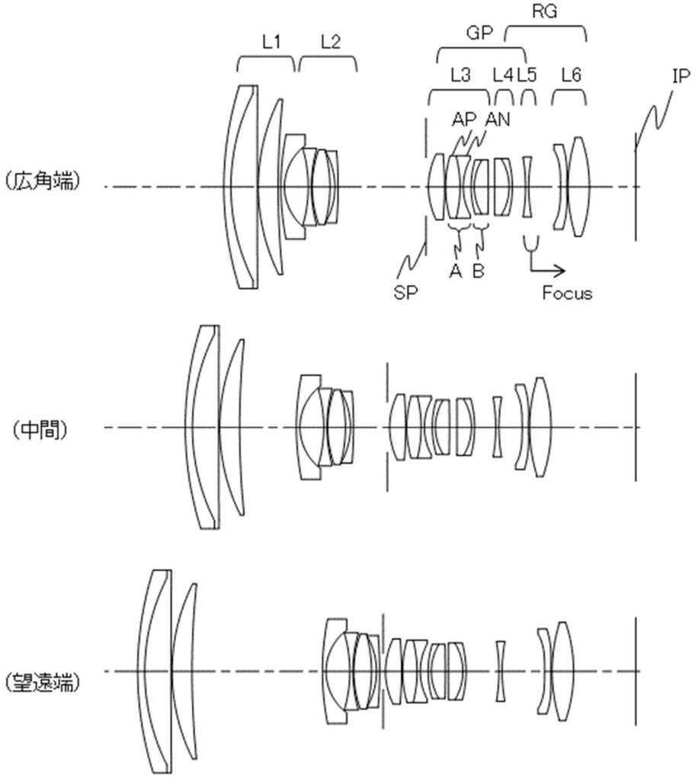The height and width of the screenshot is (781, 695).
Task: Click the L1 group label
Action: click(271, 43)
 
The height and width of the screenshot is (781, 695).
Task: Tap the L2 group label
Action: click(330, 43)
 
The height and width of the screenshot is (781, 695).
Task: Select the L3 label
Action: click(460, 76)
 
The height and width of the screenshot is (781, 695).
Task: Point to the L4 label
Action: click(502, 76)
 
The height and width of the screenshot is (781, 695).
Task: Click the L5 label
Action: click(527, 76)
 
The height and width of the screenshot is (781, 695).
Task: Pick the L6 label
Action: click(571, 76)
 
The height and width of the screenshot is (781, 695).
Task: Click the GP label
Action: click(479, 33)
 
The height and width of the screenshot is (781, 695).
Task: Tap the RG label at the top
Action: click(544, 11)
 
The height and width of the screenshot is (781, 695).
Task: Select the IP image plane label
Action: click(681, 76)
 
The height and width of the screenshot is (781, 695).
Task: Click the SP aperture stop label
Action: click(405, 292)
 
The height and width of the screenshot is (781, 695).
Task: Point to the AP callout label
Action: click(464, 119)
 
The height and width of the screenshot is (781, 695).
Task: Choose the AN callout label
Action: click(498, 119)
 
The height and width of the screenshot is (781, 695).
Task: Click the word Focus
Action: click(567, 293)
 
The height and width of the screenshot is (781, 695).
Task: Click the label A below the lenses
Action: click(455, 271)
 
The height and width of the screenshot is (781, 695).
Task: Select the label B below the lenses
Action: click(478, 271)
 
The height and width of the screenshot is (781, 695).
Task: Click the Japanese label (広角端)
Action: click(43, 182)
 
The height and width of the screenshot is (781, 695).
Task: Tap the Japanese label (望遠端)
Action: click(43, 682)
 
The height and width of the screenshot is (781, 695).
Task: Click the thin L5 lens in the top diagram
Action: click(527, 187)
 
